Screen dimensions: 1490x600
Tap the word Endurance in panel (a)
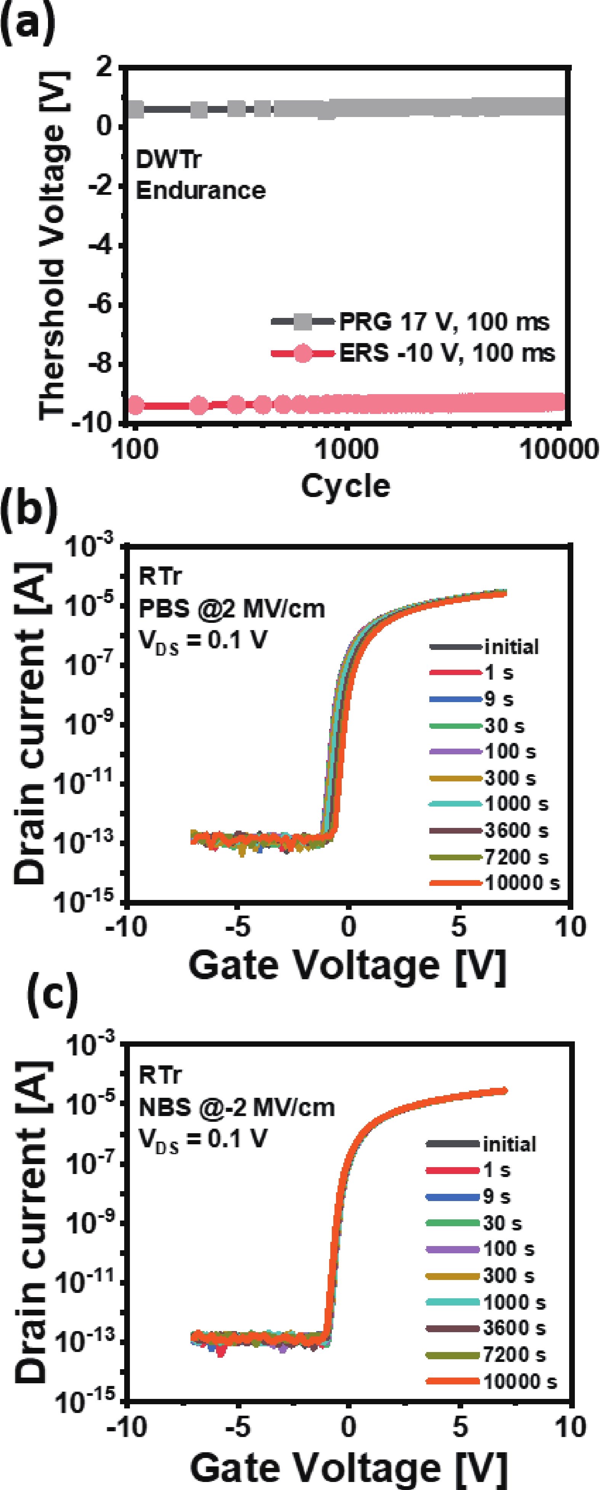point(200,190)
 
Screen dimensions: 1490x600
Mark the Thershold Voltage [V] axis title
point(53,246)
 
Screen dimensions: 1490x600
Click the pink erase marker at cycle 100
point(135,405)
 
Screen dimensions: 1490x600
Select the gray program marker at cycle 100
point(135,109)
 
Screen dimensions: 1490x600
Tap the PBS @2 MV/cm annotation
point(231,608)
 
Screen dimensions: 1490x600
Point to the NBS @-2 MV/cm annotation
point(237,1107)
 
